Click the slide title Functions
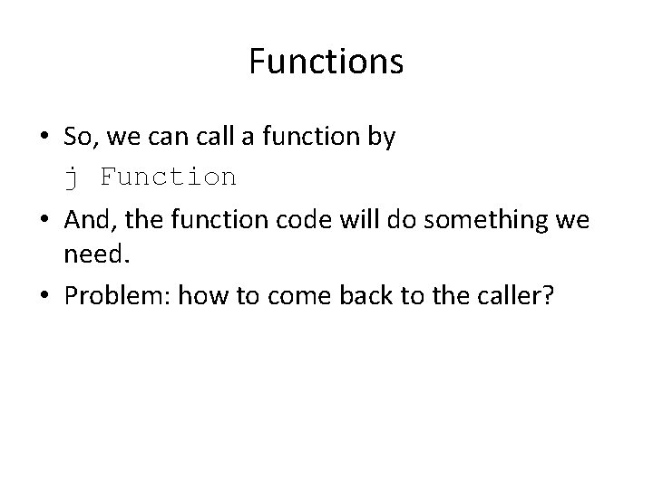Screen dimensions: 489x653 pos(326,62)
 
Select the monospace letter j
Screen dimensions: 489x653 pos(71,177)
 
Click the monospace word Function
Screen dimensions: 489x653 pos(168,176)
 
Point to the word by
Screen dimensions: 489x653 pos(381,139)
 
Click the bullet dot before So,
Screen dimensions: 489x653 pos(44,139)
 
